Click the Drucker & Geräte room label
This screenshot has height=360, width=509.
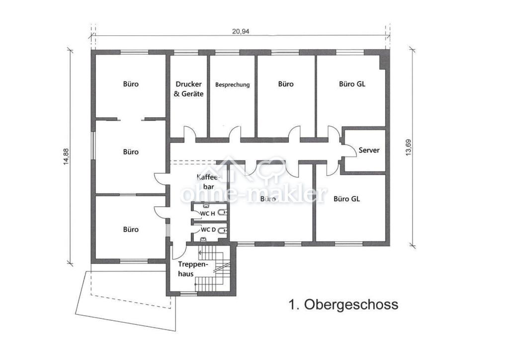click(189, 89)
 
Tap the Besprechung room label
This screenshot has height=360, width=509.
click(232, 85)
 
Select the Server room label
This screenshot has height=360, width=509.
click(369, 150)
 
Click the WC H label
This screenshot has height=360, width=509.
click(207, 213)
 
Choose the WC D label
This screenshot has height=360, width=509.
click(207, 230)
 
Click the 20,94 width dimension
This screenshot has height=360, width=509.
click(241, 31)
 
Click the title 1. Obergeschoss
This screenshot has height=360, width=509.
click(343, 304)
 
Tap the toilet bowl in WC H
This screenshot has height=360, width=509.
click(222, 213)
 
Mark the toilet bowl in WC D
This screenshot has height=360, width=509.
click(222, 230)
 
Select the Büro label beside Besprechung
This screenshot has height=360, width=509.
click(286, 84)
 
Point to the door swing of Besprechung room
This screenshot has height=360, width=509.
click(235, 133)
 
